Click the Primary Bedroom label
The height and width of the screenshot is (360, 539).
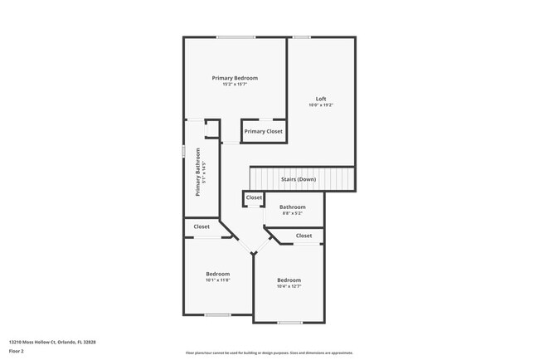(x=235, y=78)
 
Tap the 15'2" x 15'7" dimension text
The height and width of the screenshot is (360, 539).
(x=235, y=85)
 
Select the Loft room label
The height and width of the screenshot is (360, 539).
(x=321, y=99)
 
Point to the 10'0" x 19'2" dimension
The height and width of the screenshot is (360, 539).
(x=321, y=105)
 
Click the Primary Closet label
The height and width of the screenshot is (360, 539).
(x=263, y=131)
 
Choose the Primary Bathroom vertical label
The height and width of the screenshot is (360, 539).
(x=198, y=172)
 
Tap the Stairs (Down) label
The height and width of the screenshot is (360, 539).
(x=298, y=179)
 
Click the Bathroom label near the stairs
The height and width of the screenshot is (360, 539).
(x=292, y=207)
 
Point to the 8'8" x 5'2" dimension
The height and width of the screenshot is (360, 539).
(x=292, y=213)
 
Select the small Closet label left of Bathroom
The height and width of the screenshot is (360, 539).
(x=254, y=197)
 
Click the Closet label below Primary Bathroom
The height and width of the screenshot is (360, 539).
(x=202, y=226)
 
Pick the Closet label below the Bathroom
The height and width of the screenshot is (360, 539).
(x=303, y=236)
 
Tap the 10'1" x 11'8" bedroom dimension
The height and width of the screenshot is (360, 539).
(x=218, y=280)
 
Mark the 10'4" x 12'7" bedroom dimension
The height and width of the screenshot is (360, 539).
(x=289, y=287)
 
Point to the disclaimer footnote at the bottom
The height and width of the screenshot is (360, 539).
(x=269, y=352)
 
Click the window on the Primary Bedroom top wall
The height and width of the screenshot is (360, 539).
(x=236, y=37)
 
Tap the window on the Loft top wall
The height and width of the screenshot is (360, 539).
(x=302, y=37)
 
